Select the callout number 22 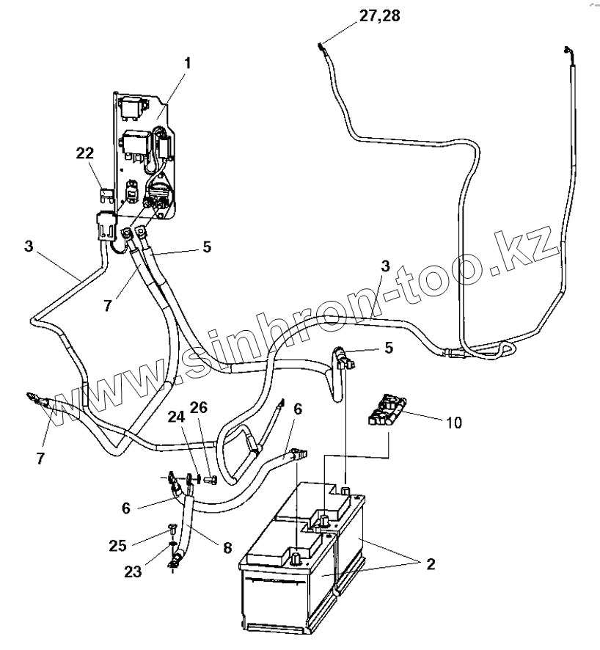coord(85,153)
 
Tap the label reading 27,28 coord(379,15)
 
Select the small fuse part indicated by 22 coord(105,194)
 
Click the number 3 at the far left coord(28,246)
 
